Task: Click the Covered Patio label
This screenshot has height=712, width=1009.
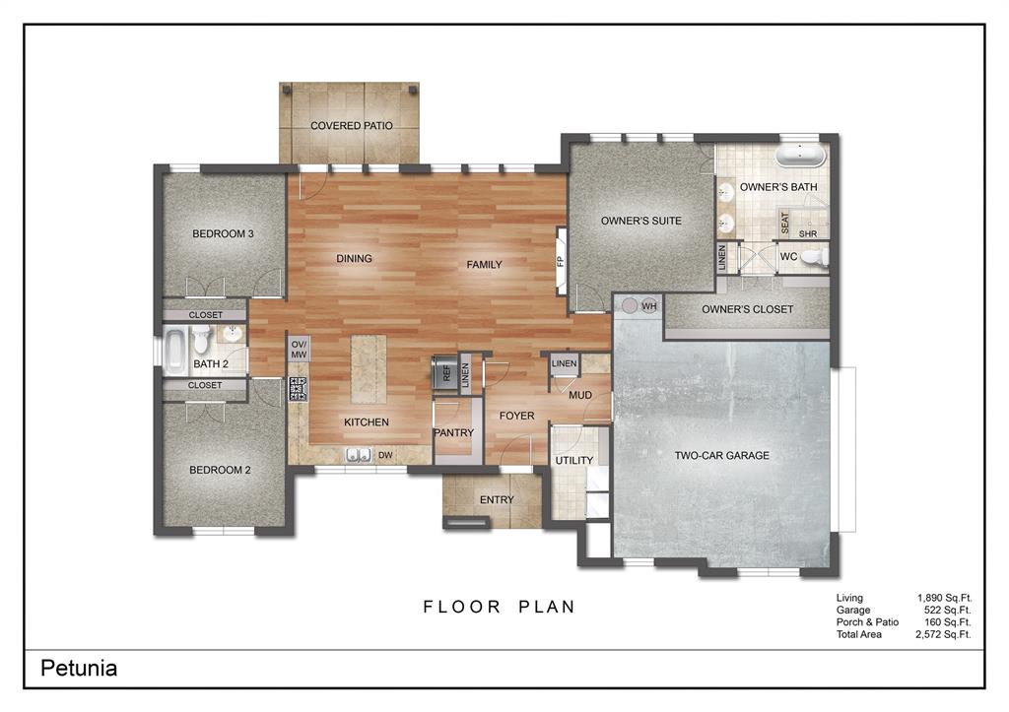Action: pos(351,126)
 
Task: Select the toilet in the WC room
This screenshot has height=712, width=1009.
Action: pos(813,257)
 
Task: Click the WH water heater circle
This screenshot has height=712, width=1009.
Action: pos(648,306)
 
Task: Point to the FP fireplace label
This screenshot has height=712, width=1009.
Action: pos(560,262)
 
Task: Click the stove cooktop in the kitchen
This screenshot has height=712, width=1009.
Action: pos(298,388)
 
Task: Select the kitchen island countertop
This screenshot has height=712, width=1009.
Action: pos(370,368)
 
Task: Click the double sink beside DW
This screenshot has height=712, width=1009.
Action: pos(358,454)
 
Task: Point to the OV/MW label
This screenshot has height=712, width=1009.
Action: pos(298,349)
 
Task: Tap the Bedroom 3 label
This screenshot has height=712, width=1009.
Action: pos(223,234)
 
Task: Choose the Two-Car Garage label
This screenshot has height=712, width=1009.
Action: pos(721,455)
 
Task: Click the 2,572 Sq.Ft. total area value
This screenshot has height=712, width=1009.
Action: pos(944,635)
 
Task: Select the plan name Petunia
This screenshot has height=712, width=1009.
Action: pos(79,669)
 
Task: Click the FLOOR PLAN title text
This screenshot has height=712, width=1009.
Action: pos(500,607)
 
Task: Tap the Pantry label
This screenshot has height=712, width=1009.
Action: pos(453,433)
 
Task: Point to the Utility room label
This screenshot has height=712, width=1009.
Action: pos(573,460)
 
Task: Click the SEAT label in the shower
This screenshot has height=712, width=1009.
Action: pos(785,223)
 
